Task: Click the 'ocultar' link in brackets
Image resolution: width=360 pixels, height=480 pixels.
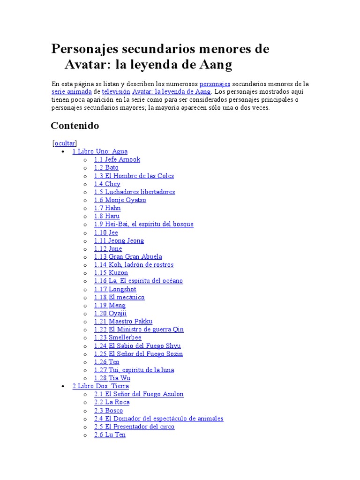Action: [65, 143]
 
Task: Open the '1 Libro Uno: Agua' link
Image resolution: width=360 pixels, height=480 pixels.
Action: [100, 151]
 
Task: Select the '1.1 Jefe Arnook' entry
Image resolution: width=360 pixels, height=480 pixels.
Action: [117, 159]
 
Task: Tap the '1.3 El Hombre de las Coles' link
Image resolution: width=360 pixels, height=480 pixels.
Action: [134, 176]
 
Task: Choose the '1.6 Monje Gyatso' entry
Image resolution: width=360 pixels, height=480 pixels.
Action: [120, 200]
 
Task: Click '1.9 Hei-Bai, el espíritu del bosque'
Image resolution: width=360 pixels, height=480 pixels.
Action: [143, 224]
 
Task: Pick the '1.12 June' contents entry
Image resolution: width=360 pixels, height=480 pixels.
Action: [108, 248]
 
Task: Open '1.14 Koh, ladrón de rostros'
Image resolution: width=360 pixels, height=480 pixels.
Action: [134, 265]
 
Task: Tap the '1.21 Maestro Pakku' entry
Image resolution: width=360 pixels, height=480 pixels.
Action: [123, 322]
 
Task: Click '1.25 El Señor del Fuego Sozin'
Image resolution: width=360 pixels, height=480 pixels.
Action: [138, 354]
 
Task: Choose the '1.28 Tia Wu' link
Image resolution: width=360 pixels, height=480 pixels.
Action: [112, 378]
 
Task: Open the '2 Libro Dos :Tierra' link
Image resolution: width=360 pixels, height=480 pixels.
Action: [101, 386]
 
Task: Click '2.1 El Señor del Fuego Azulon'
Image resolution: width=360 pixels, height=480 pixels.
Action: [139, 394]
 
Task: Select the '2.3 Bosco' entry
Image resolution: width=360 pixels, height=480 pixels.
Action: [108, 411]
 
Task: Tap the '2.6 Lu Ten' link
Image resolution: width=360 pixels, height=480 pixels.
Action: [110, 435]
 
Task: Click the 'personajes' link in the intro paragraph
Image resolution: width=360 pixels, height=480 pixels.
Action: [215, 84]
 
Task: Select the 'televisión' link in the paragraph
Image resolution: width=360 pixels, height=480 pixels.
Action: [116, 92]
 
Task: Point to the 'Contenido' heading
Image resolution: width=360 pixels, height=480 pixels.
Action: [75, 126]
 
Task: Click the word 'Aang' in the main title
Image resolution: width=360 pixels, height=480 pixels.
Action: [216, 65]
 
